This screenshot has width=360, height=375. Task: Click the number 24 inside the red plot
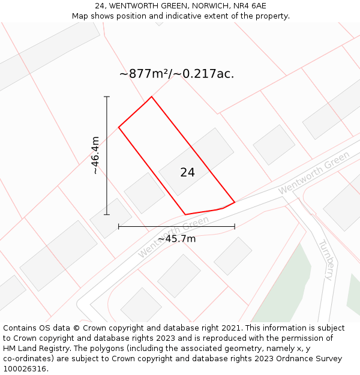click(187, 173)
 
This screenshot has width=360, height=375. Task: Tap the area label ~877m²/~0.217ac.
click(176, 74)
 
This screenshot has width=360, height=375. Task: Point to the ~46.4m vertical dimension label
click(95, 155)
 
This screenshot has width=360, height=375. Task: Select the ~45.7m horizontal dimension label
click(176, 239)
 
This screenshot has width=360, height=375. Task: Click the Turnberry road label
click(325, 260)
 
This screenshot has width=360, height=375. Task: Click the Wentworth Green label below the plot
click(173, 236)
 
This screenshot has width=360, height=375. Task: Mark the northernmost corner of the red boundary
click(151, 97)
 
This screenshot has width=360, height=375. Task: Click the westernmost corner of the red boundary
click(119, 127)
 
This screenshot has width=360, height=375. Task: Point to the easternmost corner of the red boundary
click(234, 202)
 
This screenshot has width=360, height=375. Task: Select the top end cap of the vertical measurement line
click(107, 97)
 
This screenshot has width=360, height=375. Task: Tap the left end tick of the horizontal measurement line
click(119, 227)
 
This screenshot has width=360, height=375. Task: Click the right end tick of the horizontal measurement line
click(235, 227)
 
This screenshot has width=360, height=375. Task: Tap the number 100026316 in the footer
click(23, 369)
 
